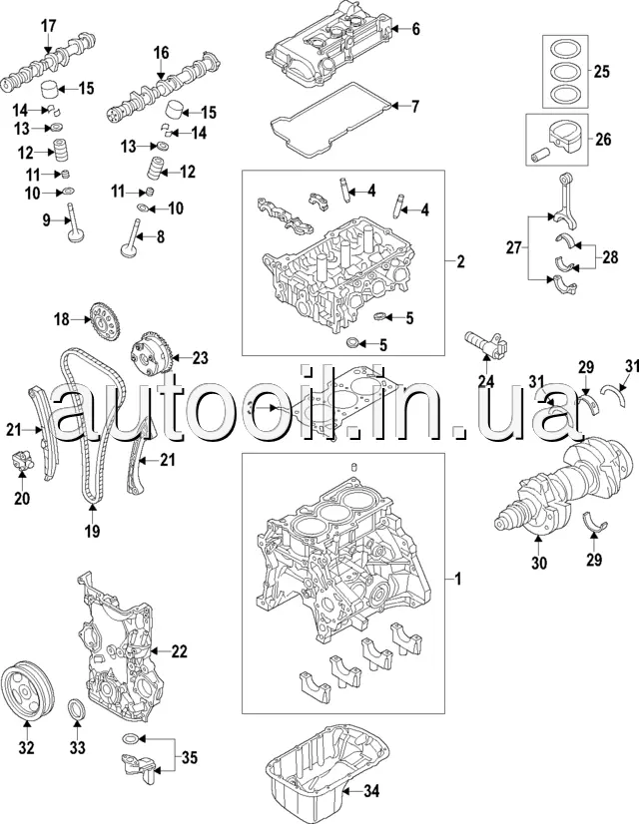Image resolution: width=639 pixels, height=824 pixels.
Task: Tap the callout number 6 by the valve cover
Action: coord(415,29)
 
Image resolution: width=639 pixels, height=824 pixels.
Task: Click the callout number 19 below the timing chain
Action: coord(92,532)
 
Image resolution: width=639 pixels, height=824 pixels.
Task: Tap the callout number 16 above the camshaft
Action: coord(161,52)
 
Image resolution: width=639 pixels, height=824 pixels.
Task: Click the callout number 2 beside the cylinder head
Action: coord(460,262)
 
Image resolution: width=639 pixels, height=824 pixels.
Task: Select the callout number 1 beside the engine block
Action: coord(457,579)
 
